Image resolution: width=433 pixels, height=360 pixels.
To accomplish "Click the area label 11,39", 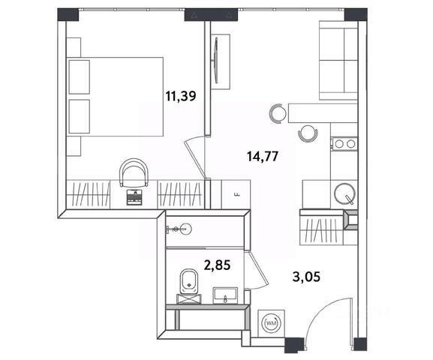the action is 181,96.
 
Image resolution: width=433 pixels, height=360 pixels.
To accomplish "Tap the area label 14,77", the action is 263,157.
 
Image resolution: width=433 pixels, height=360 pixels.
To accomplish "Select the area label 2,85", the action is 217,265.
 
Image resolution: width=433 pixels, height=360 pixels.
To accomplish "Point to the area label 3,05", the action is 306,277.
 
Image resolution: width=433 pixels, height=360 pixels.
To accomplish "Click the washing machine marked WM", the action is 272,322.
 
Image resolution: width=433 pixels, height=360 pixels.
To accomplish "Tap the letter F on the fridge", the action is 236,194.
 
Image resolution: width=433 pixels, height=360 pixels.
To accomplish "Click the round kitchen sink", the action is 344,193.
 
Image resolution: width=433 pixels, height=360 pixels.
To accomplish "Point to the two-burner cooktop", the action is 345,144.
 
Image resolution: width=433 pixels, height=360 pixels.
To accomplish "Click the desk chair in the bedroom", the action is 134,172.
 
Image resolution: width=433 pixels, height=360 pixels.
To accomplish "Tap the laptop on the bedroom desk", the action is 134,197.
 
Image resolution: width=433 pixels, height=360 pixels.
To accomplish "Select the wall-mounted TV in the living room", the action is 216,61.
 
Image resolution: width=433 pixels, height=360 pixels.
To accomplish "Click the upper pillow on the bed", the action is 80,77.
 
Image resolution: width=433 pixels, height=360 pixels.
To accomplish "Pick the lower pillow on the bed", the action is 80,116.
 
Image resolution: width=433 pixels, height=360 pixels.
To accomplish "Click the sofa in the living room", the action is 338,60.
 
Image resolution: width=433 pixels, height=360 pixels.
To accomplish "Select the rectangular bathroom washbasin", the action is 225,295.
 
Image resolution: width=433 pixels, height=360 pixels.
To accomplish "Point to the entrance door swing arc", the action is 320,310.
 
